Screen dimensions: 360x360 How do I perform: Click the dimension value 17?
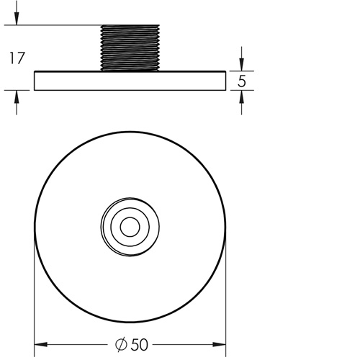point(17,58)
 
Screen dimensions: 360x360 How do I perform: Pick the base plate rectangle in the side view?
point(130,81)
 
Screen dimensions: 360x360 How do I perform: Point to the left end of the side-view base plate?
point(35,81)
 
